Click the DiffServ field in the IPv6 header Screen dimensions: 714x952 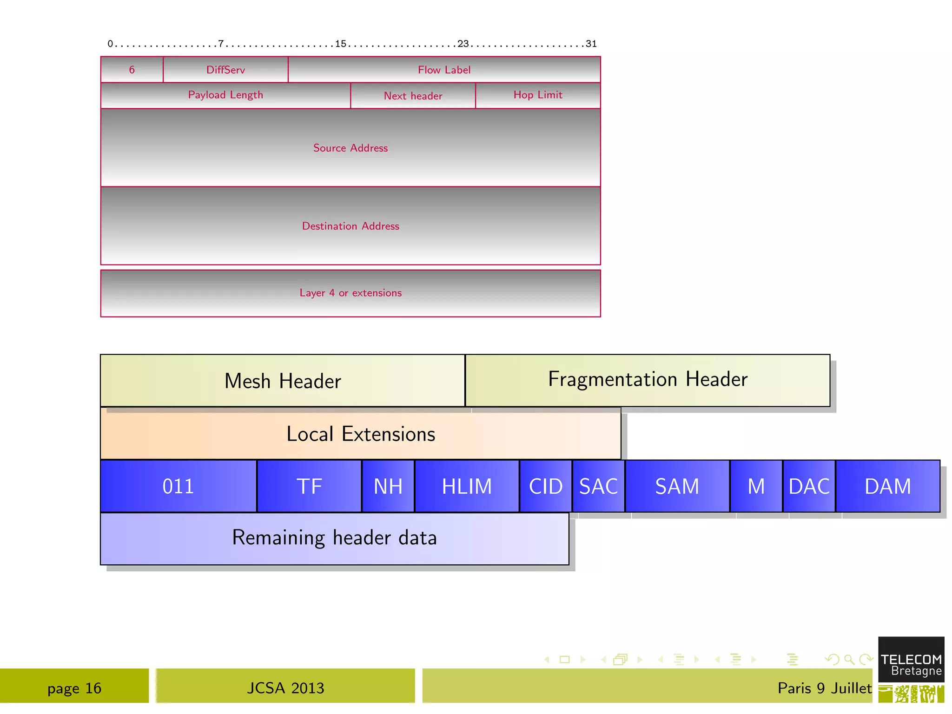coord(225,70)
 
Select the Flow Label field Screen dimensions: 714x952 coord(444,70)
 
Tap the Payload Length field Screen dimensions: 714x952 coord(225,95)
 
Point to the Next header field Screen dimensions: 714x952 coord(413,96)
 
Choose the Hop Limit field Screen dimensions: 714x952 coord(538,95)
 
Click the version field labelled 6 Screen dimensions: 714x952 coord(132,70)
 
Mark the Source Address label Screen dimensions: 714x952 coord(350,148)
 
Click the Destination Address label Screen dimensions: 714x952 coord(350,226)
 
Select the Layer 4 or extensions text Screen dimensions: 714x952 coord(350,293)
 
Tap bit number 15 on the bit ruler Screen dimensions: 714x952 coord(341,44)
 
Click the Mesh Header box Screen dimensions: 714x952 coord(283,381)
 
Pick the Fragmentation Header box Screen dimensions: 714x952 coord(648,380)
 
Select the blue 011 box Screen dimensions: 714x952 coord(178,486)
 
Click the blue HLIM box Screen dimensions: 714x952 coord(467,486)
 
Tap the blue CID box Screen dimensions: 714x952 coord(546,486)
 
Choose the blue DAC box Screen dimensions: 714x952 coord(809,486)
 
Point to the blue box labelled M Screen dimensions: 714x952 coord(756,486)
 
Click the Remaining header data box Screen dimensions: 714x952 coord(334,538)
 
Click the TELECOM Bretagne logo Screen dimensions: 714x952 coord(911,665)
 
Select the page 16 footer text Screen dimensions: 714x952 coord(74,688)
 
